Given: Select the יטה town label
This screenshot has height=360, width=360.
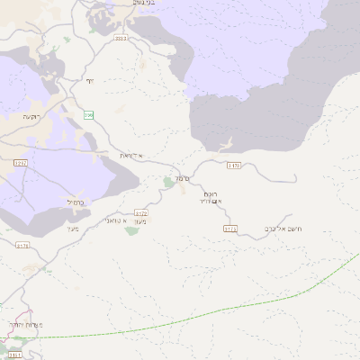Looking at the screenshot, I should point(89,81).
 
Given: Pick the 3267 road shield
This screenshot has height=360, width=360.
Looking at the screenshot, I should point(21,163).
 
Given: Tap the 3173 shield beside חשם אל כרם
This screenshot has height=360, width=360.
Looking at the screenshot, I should point(230,229).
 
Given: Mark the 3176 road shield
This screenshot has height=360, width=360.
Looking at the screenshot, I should point(22,245).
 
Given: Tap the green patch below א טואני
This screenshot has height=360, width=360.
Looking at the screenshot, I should point(131,231).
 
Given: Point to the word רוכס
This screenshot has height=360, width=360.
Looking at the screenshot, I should point(211,193).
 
